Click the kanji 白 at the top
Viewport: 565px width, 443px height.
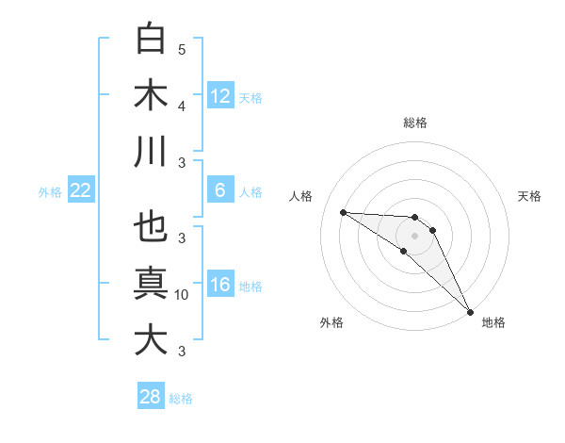click(x=152, y=39)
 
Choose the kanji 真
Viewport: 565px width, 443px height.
click(x=152, y=284)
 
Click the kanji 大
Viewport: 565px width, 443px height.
click(x=152, y=340)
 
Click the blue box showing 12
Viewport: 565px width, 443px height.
click(x=220, y=96)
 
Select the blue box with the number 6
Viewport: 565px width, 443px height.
click(x=220, y=190)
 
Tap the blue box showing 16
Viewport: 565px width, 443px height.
click(x=220, y=285)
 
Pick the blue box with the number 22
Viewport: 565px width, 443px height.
click(x=81, y=190)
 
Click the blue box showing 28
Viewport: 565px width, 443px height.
click(x=151, y=397)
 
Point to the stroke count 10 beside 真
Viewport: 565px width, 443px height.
click(x=182, y=295)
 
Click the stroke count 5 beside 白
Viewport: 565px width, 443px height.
click(x=182, y=50)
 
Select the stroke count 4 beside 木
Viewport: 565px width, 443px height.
click(x=182, y=107)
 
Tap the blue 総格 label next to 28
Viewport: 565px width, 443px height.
click(x=181, y=399)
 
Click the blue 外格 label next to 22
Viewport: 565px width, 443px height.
click(x=50, y=192)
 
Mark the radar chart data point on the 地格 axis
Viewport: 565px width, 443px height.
click(x=469, y=310)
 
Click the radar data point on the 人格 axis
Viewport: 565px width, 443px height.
click(x=343, y=212)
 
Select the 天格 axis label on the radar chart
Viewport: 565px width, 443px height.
click(x=530, y=196)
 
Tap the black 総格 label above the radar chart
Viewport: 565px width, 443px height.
click(x=415, y=123)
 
